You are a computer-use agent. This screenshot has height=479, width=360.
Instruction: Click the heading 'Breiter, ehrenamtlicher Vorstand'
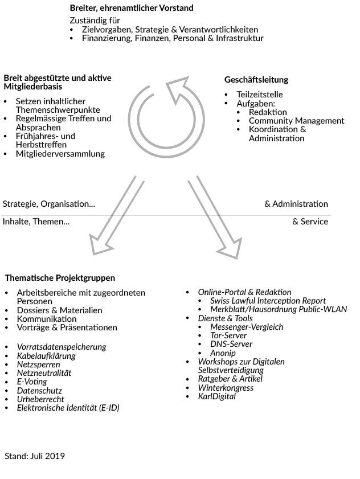pos(132,8)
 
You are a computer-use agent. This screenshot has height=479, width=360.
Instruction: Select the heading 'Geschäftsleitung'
pos(256,80)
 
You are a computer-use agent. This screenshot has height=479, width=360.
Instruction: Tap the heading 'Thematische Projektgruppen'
pos(60,278)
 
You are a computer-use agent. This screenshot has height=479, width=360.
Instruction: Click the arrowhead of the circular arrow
pos(178,90)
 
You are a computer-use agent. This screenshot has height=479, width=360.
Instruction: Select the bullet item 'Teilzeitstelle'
pos(259,95)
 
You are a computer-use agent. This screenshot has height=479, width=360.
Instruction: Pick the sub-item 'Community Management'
pos(296,121)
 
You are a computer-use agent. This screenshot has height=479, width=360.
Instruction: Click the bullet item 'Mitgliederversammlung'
pos(60,153)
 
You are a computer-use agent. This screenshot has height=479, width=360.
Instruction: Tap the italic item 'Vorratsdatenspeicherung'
pos(62,347)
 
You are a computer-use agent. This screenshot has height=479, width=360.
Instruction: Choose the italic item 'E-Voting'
pos(32,382)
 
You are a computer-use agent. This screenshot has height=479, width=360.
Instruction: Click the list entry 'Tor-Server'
pos(228,335)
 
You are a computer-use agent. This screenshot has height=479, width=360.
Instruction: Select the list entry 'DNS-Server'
pos(231,344)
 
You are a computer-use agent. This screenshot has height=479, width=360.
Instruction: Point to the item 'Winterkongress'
pos(226,388)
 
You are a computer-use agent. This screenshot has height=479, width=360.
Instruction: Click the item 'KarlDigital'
pos(216,396)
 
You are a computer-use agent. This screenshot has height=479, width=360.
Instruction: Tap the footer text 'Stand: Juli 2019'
pos(35,456)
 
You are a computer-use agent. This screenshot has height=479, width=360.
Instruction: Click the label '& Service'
pos(310,222)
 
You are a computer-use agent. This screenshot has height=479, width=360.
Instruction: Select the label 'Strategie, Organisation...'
pos(49,204)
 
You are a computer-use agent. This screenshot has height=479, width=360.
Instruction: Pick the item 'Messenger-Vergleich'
pos(247,327)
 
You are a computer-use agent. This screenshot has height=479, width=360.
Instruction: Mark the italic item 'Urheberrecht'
pos(40,399)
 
